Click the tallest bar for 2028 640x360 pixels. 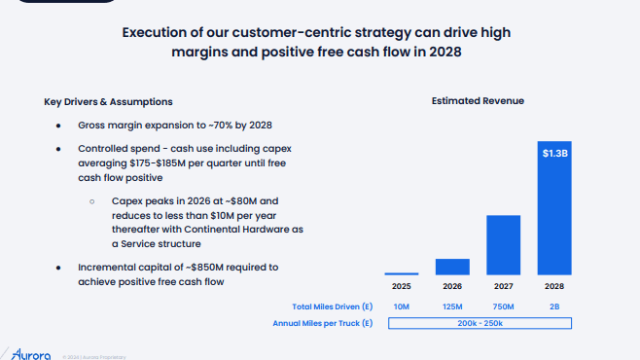554,219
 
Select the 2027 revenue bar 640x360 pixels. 503,245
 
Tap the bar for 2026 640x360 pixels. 452,267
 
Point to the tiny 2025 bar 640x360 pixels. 402,273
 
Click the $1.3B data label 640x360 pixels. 554,153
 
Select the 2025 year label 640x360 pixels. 402,287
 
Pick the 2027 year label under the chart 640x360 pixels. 503,287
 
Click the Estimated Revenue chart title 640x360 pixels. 479,101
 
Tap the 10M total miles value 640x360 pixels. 402,306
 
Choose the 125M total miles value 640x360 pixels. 452,306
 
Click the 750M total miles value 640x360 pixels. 503,306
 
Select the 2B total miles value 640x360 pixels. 554,306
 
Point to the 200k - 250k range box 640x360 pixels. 478,323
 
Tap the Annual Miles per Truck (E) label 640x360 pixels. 323,323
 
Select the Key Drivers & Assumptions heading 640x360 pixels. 108,102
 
